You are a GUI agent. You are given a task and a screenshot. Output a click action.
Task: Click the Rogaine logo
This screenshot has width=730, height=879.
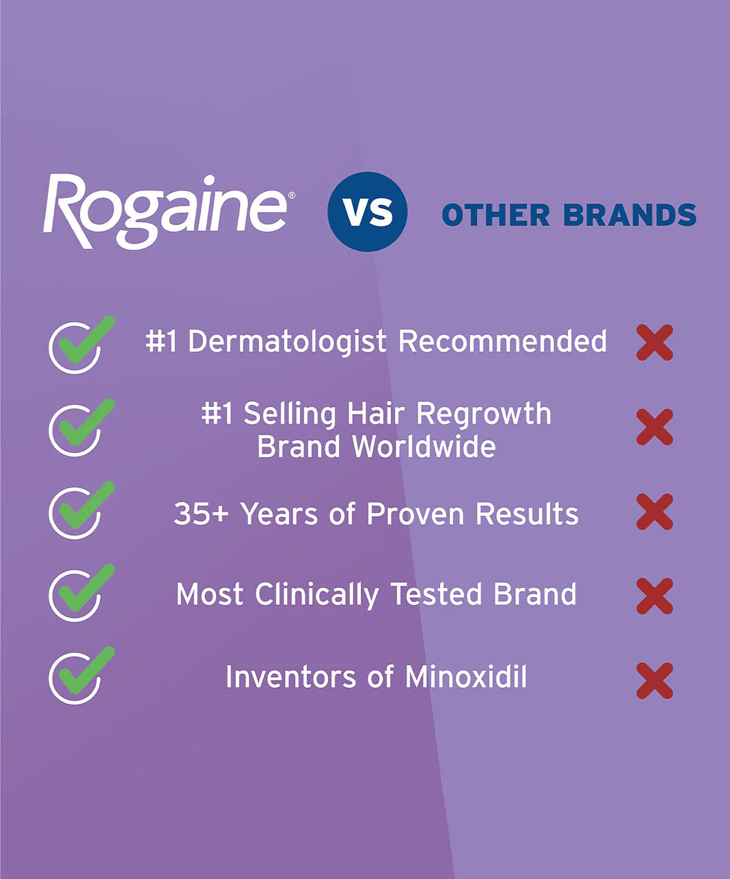tap(165, 211)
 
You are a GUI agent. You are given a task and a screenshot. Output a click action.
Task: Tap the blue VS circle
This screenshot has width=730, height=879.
tap(367, 211)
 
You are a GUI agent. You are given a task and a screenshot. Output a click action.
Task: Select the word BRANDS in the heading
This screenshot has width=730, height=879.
tap(630, 215)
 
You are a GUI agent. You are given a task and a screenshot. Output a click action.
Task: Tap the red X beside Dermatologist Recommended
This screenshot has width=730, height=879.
tap(655, 342)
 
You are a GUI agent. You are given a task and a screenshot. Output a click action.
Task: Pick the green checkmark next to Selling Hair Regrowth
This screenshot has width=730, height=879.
tap(78, 428)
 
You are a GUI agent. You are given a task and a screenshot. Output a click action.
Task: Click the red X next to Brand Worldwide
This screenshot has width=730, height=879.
tap(655, 427)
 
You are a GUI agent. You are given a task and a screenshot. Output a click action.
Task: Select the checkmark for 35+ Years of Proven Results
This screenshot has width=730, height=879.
tap(78, 511)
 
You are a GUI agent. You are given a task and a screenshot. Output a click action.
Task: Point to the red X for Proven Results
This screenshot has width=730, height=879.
tap(655, 511)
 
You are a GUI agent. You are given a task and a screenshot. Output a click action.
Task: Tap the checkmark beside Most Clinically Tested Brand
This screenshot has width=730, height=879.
tap(78, 594)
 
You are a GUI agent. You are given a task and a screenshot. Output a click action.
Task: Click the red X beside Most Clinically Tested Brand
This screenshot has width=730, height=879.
tap(655, 595)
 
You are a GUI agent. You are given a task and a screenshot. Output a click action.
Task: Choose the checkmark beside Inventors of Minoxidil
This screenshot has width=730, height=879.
tap(78, 676)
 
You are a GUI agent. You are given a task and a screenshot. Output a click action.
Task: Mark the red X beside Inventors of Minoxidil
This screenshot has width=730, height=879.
tap(655, 680)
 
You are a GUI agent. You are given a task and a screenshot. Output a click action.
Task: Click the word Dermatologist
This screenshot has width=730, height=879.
tap(287, 341)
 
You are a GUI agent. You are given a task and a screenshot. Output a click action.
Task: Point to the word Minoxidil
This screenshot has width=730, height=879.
tap(466, 677)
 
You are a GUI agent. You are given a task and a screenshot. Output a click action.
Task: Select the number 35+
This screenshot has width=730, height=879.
tap(201, 514)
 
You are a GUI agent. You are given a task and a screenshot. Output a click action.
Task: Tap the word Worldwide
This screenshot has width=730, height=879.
tap(424, 447)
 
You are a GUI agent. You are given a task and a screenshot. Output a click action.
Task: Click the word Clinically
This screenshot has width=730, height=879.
tap(316, 595)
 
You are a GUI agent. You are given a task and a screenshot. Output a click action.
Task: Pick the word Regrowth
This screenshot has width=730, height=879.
tap(484, 414)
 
